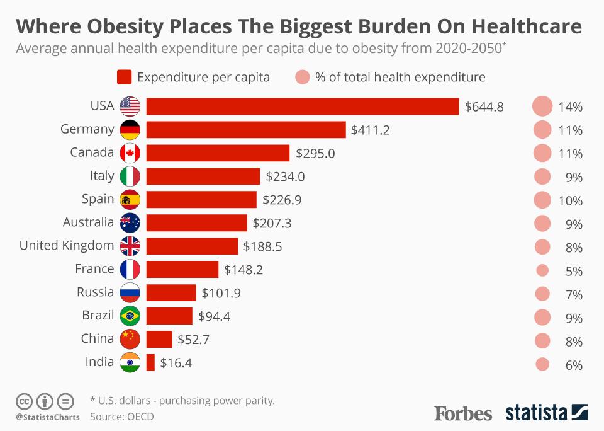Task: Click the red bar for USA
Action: pos(303,106)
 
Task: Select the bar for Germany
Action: pos(246,130)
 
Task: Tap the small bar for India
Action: pos(150,362)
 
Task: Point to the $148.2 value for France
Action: pos(243,270)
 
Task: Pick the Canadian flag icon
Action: pos(130,153)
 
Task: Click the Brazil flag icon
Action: pos(130,316)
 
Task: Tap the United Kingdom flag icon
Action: pos(130,246)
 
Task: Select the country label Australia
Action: pos(89,222)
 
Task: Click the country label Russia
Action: pos(96,292)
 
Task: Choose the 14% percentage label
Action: pos(571,106)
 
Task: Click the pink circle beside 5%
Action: pos(542,270)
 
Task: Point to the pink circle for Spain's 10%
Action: pos(542,200)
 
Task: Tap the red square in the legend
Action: pos(124,78)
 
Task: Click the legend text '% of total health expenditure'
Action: pos(400,78)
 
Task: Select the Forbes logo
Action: pos(463,413)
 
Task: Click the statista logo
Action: pos(547,413)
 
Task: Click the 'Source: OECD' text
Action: pos(121,417)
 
